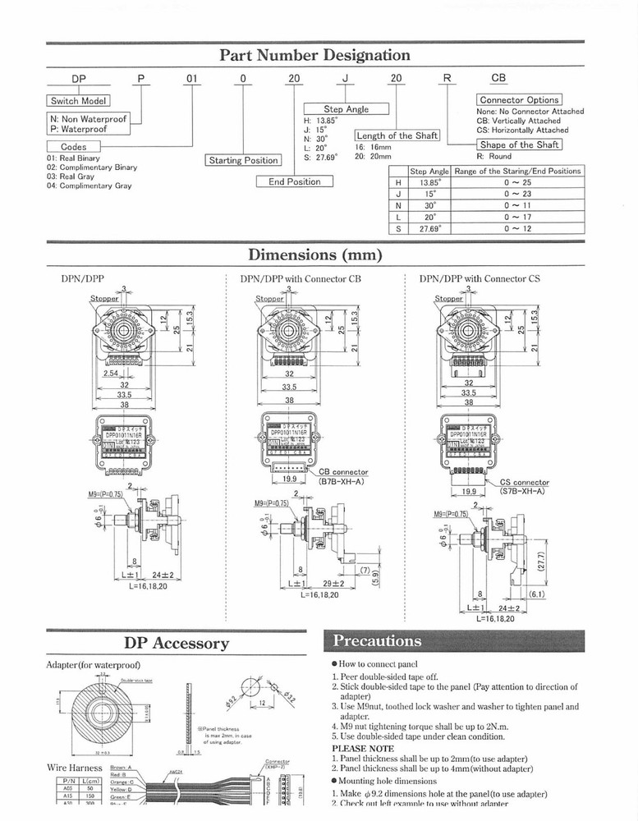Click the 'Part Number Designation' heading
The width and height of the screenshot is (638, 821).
tap(314, 56)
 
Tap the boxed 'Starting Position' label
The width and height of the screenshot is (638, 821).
tap(243, 160)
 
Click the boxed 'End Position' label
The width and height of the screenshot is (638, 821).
tap(295, 181)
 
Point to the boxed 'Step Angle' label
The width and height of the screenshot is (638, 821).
tap(346, 109)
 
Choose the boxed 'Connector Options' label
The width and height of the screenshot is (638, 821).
tap(519, 100)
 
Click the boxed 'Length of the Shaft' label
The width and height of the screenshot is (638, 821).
tap(397, 135)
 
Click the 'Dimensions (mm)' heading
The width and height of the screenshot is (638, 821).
tap(315, 255)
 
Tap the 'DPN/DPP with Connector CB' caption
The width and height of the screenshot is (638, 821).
tap(301, 279)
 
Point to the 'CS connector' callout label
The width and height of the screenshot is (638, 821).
tap(525, 483)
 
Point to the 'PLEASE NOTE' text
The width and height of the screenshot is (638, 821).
tap(362, 749)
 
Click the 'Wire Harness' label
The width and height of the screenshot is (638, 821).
tap(75, 767)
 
